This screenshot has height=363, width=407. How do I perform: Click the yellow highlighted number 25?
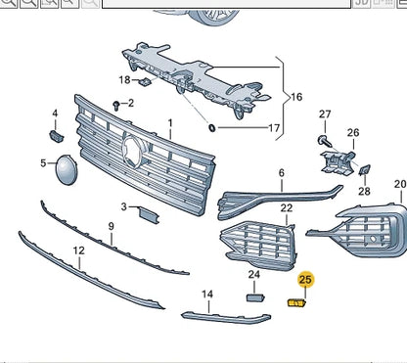tap(306, 280)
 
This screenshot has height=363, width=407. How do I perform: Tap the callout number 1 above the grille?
tap(169, 124)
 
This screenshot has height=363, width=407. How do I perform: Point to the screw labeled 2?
tap(116, 103)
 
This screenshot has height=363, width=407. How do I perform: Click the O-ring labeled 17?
tap(210, 128)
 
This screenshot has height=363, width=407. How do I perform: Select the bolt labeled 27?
tap(321, 141)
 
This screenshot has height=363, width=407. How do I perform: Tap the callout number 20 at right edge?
tap(399, 184)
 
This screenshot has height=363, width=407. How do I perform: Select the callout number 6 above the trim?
tap(281, 173)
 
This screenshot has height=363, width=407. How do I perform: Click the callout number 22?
tap(286, 208)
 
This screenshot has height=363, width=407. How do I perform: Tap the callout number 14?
tap(207, 294)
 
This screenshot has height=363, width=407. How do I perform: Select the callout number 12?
tap(78, 250)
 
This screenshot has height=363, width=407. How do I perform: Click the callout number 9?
tap(111, 226)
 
